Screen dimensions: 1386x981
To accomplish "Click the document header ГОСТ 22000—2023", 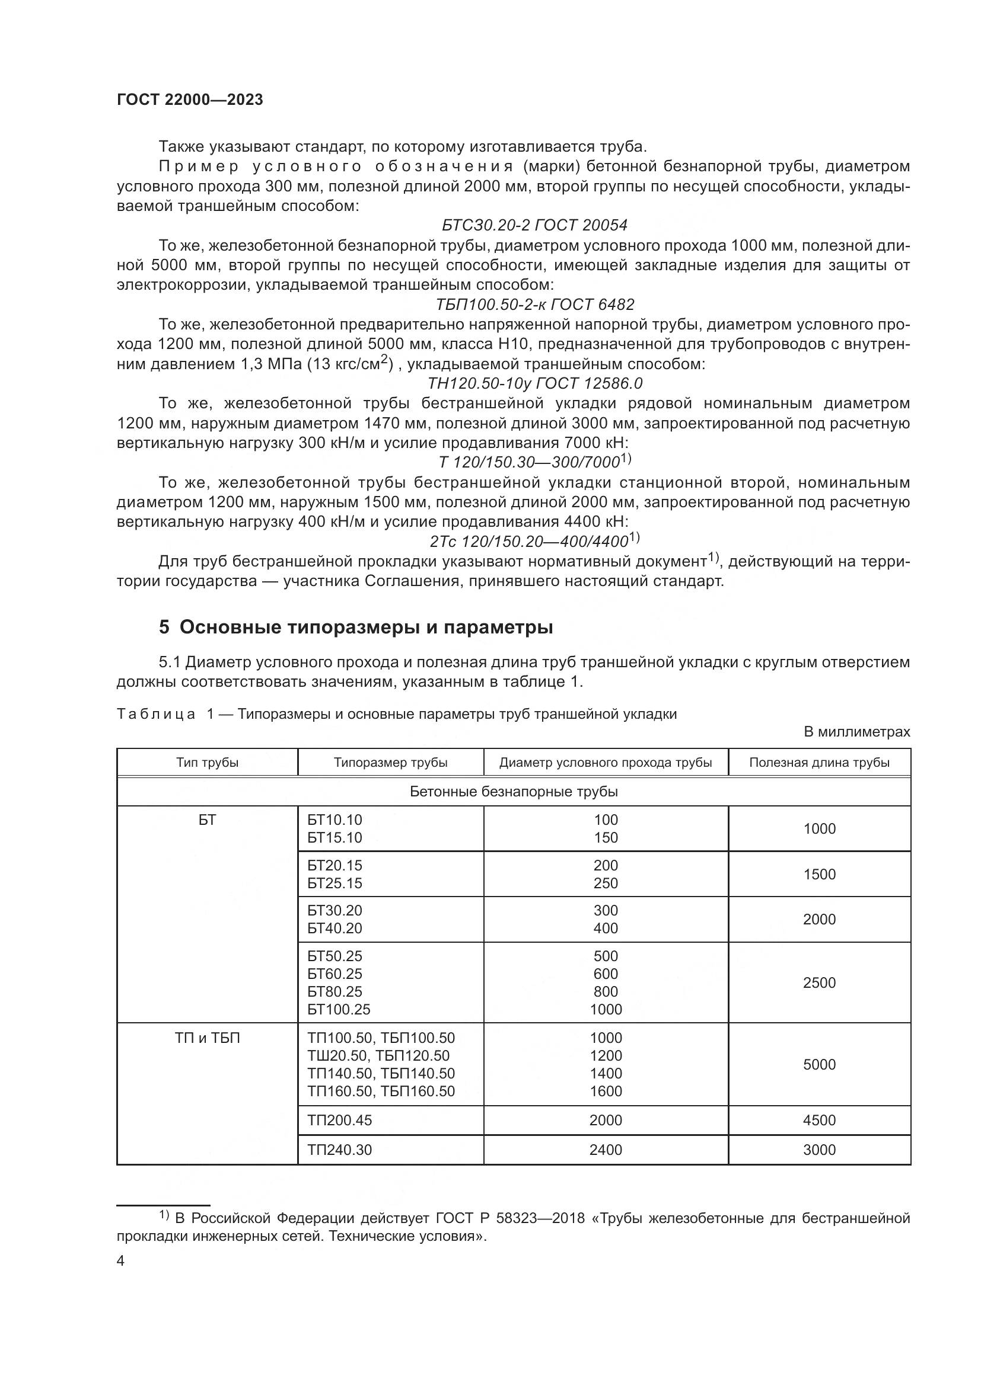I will (x=190, y=100).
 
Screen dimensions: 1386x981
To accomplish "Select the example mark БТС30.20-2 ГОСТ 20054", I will (x=534, y=226).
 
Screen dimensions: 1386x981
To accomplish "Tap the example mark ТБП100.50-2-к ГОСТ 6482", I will (x=534, y=305).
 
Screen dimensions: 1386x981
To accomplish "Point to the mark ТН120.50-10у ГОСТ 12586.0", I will (x=534, y=384).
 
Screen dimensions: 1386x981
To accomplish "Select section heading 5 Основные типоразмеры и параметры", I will (x=356, y=628).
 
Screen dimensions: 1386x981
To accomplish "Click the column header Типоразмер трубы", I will (x=390, y=763).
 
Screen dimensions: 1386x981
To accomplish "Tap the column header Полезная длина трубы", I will (x=819, y=763).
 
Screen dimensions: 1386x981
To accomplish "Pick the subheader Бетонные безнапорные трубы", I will (x=514, y=792).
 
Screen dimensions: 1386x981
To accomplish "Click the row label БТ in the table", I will (x=207, y=820).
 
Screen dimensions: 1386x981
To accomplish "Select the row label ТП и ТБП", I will (x=207, y=1038).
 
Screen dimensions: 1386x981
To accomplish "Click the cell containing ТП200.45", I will (x=339, y=1121).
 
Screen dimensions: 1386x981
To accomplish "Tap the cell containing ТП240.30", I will (x=339, y=1150).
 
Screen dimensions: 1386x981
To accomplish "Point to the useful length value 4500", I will (x=819, y=1121).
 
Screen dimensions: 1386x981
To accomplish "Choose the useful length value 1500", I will (x=819, y=875).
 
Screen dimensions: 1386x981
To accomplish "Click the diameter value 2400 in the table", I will (x=606, y=1150).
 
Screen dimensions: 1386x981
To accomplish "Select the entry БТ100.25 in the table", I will (x=338, y=1009).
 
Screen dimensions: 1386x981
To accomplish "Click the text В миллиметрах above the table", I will (x=856, y=732).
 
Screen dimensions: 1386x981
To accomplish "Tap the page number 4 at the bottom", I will (x=120, y=1262).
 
